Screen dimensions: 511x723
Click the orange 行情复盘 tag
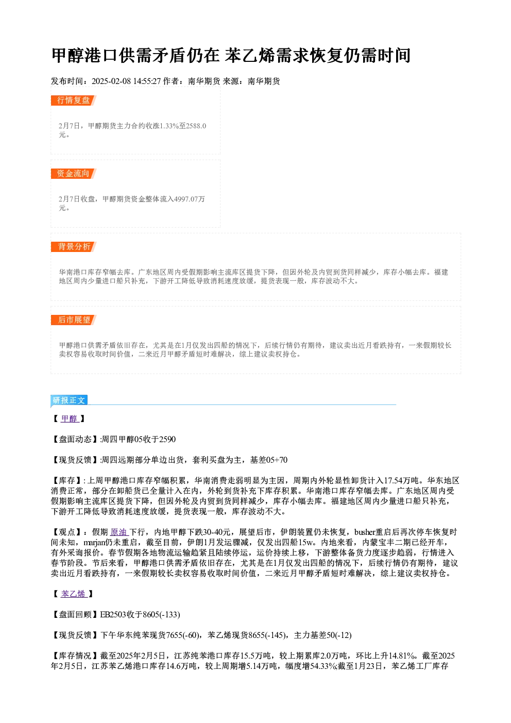click(74, 100)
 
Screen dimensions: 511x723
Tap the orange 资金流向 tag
click(74, 174)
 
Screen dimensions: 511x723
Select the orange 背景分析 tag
click(74, 247)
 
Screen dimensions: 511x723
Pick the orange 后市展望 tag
click(74, 320)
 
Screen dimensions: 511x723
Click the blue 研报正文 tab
click(69, 400)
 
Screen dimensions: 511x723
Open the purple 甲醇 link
click(70, 419)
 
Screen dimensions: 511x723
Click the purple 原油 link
click(119, 532)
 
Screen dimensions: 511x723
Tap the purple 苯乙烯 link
click(74, 594)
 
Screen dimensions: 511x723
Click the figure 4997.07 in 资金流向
click(185, 199)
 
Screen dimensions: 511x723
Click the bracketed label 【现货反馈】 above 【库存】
click(75, 460)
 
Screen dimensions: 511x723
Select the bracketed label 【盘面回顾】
click(75, 615)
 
